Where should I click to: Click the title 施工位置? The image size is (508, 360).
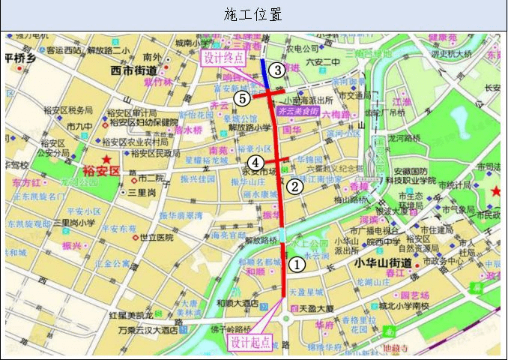pyautogui.click(x=253, y=15)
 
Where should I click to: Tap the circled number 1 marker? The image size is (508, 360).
pyautogui.click(x=297, y=264)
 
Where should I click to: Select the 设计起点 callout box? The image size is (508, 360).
pyautogui.click(x=250, y=342)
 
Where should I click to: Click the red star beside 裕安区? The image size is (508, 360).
pyautogui.click(x=109, y=160)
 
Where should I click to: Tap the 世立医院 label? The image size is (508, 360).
pyautogui.click(x=157, y=237)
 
